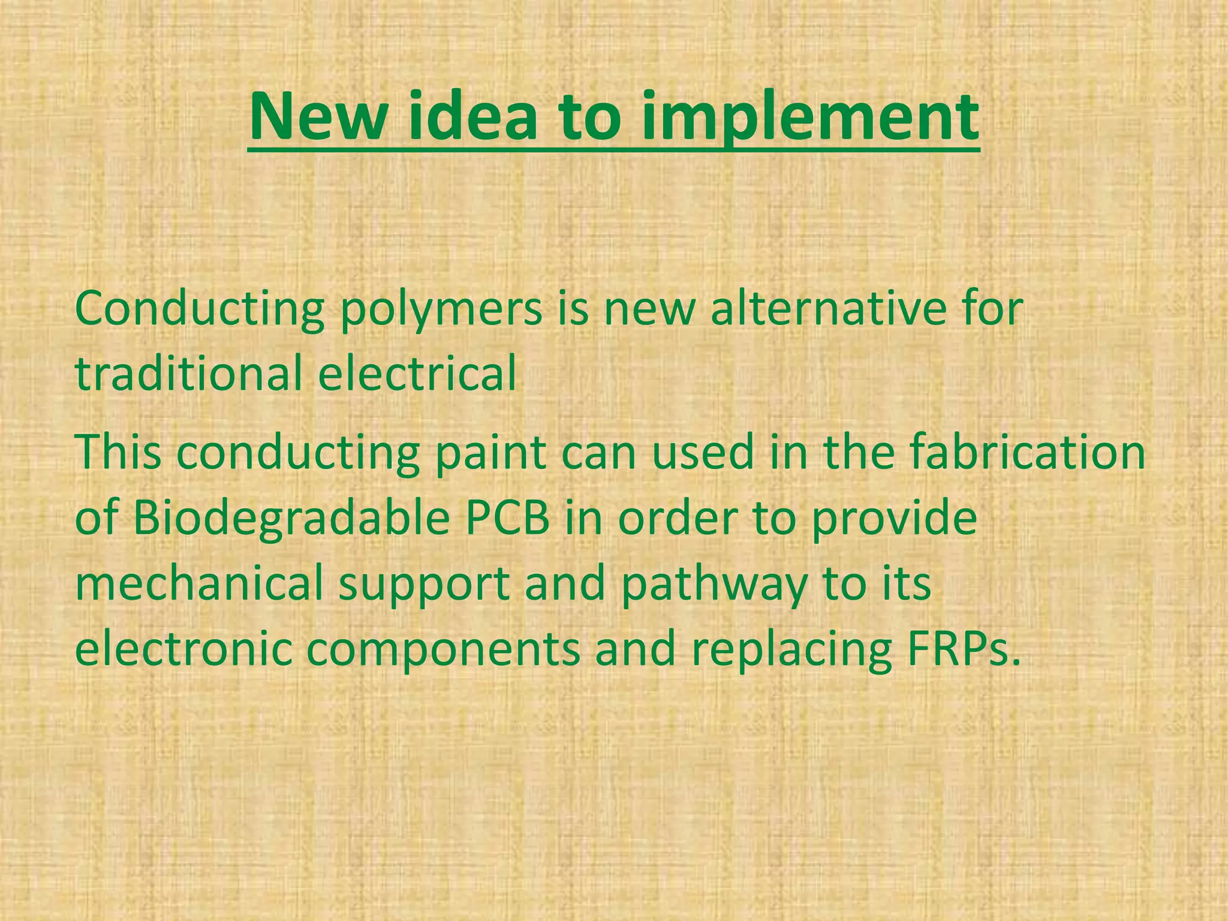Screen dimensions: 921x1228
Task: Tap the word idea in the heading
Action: (x=472, y=117)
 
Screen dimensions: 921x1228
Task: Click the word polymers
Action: (x=441, y=311)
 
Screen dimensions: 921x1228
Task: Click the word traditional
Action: (x=189, y=373)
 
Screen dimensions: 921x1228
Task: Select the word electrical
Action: (x=417, y=373)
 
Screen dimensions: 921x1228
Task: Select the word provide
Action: (x=894, y=519)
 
